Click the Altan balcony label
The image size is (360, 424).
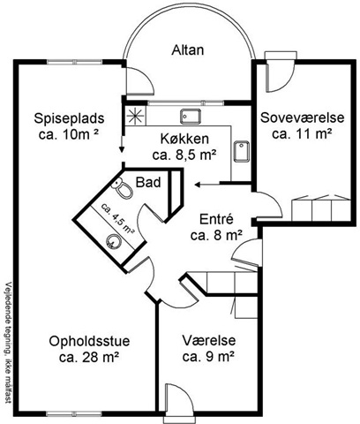(188, 50)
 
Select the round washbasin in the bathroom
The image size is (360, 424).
(113, 241)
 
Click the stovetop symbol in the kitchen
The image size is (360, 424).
(135, 115)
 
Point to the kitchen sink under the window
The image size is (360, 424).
(191, 116)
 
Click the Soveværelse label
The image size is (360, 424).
(303, 117)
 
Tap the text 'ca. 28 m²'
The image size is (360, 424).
(89, 358)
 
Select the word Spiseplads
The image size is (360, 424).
(69, 118)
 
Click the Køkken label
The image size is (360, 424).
(184, 139)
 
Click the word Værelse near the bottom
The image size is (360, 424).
(209, 341)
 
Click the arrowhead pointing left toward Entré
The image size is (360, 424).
(197, 185)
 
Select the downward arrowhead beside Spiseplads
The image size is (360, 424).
(121, 149)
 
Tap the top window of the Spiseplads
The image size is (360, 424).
(75, 62)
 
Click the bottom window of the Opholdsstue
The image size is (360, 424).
(75, 413)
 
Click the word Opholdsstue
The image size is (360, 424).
(89, 342)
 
